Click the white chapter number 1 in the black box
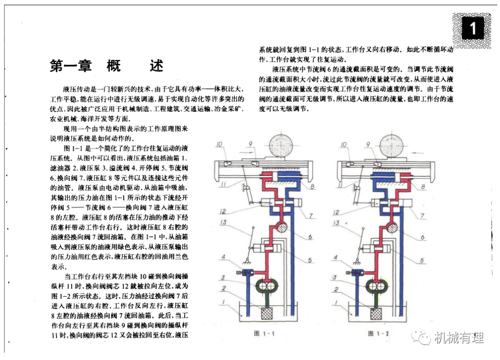(x=472, y=29)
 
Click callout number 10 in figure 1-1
(x=219, y=144)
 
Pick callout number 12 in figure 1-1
(x=223, y=212)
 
